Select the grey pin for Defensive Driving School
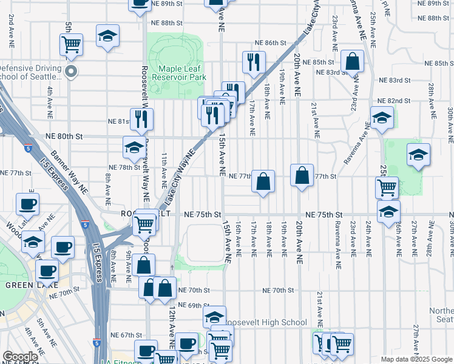point(71,72)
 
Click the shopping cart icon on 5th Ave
point(71,44)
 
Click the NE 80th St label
point(64,136)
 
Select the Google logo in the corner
point(20,357)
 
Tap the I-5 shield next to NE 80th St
point(28,147)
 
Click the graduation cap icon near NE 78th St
point(134,146)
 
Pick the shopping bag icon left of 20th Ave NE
point(263,181)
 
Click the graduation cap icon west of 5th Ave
point(107,36)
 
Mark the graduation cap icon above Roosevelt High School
point(214,316)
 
